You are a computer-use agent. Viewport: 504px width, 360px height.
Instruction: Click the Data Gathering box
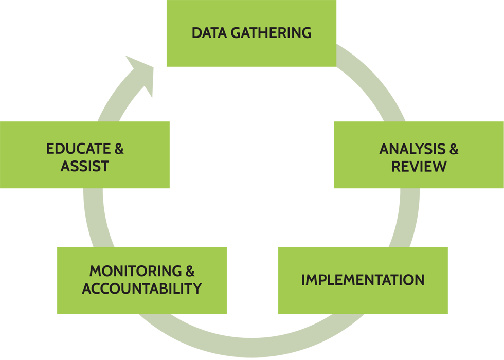coord(251,33)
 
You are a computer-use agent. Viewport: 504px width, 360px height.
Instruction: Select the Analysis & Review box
coord(419,155)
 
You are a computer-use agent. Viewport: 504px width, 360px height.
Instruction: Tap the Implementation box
coord(363,280)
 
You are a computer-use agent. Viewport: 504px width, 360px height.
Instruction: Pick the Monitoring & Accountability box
coord(142,280)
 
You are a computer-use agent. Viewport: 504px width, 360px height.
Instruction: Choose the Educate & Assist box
coord(85,155)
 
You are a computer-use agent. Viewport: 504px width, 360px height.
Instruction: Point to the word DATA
coord(209,33)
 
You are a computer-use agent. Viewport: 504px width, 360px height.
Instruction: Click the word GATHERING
coord(271,33)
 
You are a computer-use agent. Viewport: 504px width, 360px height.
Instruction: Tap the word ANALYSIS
coord(412,149)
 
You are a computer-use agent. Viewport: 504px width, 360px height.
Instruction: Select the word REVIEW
coord(419,167)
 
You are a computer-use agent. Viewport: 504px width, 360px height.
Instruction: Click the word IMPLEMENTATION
coord(363,280)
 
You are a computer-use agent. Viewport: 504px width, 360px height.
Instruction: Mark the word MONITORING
coord(136,271)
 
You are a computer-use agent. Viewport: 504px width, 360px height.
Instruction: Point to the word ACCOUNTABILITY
coord(142,289)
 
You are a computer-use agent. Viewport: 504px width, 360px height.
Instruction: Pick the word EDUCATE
coord(79,149)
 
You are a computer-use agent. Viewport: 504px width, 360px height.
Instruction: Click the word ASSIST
coord(85,166)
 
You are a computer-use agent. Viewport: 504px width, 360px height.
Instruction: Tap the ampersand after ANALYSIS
coord(454,149)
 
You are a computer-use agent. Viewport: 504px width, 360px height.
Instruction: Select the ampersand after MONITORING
coord(190,271)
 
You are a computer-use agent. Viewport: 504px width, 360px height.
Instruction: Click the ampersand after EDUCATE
coord(119,149)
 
